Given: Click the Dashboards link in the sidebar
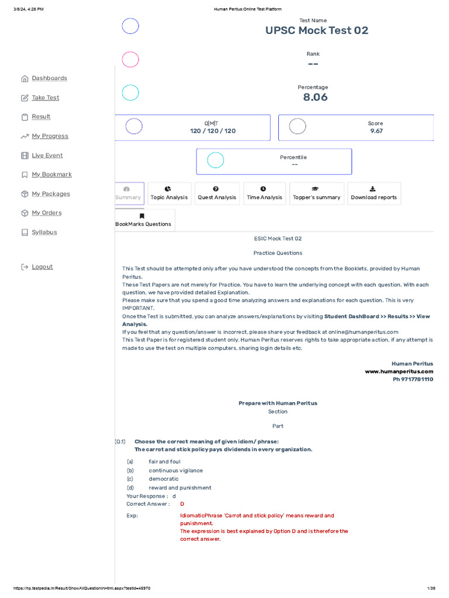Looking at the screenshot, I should coord(49,78).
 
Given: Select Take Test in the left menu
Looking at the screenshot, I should coord(45,98).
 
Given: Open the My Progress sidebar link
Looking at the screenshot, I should coord(50,136).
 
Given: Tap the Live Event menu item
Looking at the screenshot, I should coord(47,155).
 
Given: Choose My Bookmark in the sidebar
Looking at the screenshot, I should coord(51,175).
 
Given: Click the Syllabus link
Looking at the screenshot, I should coord(44,232).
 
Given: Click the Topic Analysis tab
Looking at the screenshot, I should coord(169,193).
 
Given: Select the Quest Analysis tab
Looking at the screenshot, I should coord(217,193).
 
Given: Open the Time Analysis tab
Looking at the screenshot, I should coord(264,193).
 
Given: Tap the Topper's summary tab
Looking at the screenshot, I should coord(316,193).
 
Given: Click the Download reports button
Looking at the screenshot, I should coord(374,193).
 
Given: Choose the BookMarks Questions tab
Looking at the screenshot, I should coord(143,220).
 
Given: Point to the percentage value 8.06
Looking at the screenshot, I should coord(315,98).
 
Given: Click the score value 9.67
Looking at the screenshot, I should coord(376,131).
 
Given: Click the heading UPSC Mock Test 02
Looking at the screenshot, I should coord(317,31).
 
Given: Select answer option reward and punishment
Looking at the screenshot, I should coord(180,488).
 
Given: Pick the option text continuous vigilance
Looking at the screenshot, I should coord(175,470).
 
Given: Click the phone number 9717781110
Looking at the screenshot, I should coord(413,379).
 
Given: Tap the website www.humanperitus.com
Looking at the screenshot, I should coord(399,371).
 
